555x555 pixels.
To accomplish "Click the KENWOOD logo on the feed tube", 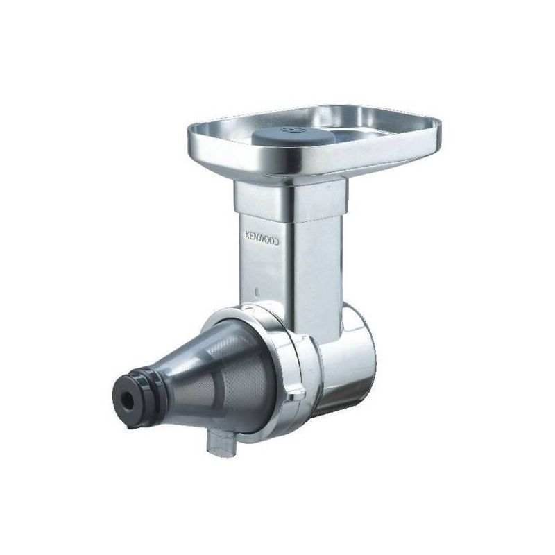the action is [x=262, y=239].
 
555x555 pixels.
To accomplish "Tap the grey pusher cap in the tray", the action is [x=292, y=136].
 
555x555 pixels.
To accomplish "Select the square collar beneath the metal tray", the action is [x=290, y=200].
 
